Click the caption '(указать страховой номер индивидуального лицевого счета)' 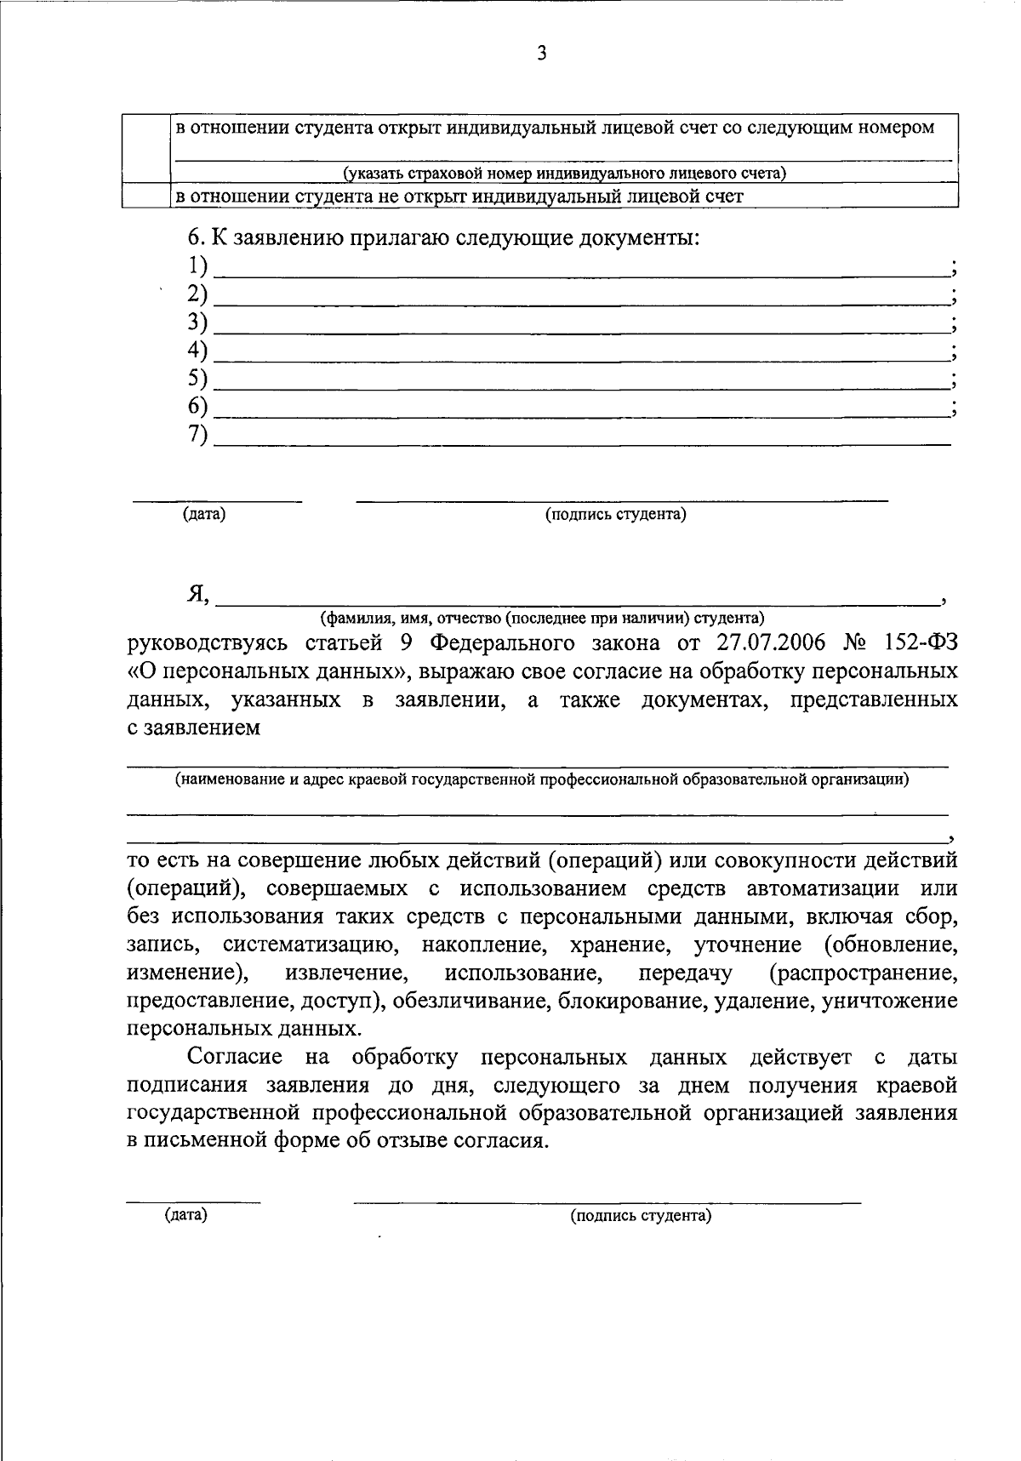click(564, 174)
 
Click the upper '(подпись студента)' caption click(615, 515)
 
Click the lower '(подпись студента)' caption click(640, 1216)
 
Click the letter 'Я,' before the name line click(197, 595)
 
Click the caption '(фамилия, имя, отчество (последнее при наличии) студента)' click(542, 618)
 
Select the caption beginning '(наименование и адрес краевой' click(542, 779)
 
